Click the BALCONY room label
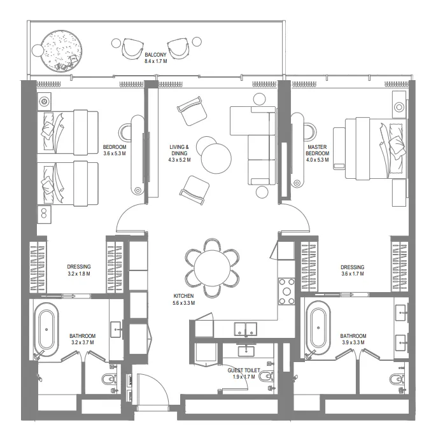[x=156, y=55]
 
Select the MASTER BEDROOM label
[x=317, y=150]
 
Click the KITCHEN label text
[x=184, y=296]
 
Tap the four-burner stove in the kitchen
[x=286, y=290]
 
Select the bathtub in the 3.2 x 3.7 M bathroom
[x=46, y=328]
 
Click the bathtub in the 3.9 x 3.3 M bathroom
[x=317, y=328]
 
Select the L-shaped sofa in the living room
[x=255, y=145]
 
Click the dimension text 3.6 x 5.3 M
[x=115, y=153]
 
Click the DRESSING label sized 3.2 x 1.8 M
[x=79, y=267]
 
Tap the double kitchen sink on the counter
[x=245, y=329]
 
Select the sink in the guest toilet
[x=245, y=351]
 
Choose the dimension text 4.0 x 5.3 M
[x=317, y=160]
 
